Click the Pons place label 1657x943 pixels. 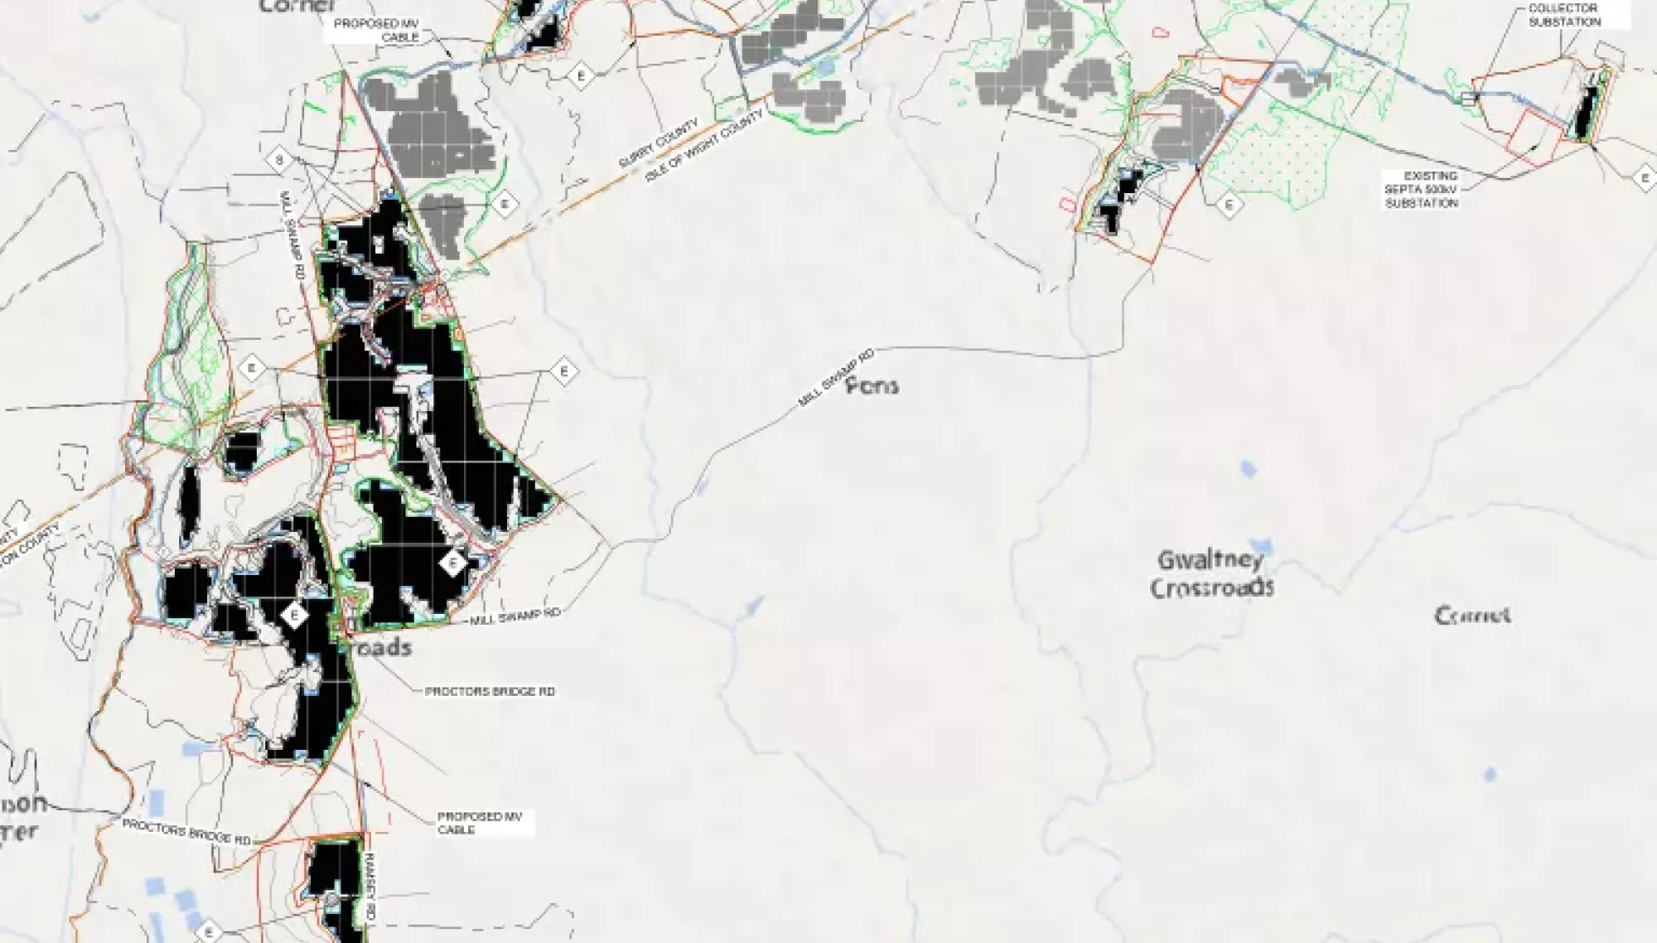(x=872, y=385)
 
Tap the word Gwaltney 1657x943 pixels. (x=1210, y=560)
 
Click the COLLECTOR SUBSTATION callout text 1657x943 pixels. (x=1564, y=15)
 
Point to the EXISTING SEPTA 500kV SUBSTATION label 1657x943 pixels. (x=1422, y=190)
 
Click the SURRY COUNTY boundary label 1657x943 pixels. (x=659, y=143)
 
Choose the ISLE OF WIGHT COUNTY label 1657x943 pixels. (x=705, y=147)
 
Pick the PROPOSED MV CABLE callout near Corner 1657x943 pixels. (x=376, y=31)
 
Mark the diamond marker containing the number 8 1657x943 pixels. (x=280, y=161)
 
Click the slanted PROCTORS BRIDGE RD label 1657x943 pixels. (x=186, y=831)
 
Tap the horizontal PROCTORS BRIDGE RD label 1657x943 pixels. (x=490, y=691)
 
